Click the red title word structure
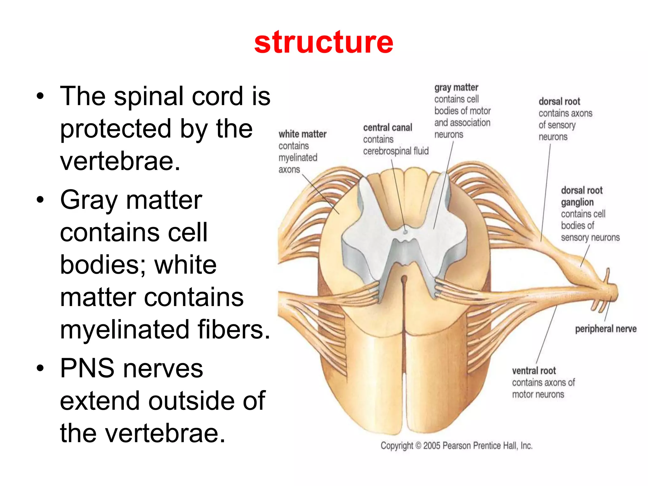pos(323,42)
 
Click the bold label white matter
pos(302,134)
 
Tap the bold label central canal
pos(387,128)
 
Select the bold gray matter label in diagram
pos(456,87)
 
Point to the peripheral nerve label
pos(605,329)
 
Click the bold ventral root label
pos(534,371)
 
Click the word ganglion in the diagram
pos(577,202)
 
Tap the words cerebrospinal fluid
pos(396,151)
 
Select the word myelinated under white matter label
pos(298,158)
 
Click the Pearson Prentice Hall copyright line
pos(456,445)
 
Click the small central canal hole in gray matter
pos(405,232)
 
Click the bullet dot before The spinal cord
pos(40,96)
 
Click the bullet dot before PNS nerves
pos(40,368)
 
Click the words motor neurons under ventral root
pos(538,395)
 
